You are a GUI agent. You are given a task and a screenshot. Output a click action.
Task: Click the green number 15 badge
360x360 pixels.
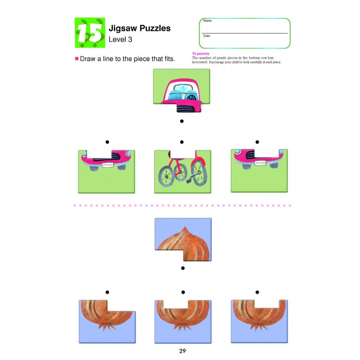pyautogui.click(x=90, y=33)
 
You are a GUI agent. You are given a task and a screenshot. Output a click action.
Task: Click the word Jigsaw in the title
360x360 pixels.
pyautogui.click(x=123, y=28)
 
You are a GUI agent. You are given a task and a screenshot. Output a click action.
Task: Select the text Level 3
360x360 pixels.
pyautogui.click(x=120, y=39)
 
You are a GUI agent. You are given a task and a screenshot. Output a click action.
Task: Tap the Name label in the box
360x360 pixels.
pyautogui.click(x=207, y=21)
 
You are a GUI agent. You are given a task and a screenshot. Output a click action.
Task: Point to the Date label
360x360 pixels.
pyautogui.click(x=207, y=36)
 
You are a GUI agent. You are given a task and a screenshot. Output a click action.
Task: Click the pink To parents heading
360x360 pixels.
pyautogui.click(x=200, y=53)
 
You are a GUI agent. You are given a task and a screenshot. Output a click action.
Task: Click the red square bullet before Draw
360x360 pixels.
pyautogui.click(x=77, y=59)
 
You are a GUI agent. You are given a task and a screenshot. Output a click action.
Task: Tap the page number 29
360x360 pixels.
pyautogui.click(x=182, y=351)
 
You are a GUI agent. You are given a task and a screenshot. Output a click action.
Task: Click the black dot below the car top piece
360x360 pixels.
pyautogui.click(x=182, y=121)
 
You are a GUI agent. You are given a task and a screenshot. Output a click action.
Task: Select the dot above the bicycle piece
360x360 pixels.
pyautogui.click(x=182, y=142)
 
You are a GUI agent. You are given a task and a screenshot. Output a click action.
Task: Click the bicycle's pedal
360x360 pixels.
pyautogui.click(x=189, y=181)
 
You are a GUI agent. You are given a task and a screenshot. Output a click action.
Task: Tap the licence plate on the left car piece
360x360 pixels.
pyautogui.click(x=108, y=165)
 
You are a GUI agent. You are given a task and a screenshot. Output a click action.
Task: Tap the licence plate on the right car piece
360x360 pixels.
pyautogui.click(x=261, y=163)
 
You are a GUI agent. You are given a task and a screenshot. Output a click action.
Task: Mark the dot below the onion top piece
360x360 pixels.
pyautogui.click(x=183, y=268)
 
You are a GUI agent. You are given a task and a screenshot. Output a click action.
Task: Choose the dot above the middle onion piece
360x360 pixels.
pyautogui.click(x=183, y=292)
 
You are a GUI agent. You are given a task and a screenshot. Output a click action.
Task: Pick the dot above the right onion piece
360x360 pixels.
pyautogui.click(x=257, y=292)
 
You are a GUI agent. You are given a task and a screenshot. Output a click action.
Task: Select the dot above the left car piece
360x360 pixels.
pyautogui.click(x=107, y=142)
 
